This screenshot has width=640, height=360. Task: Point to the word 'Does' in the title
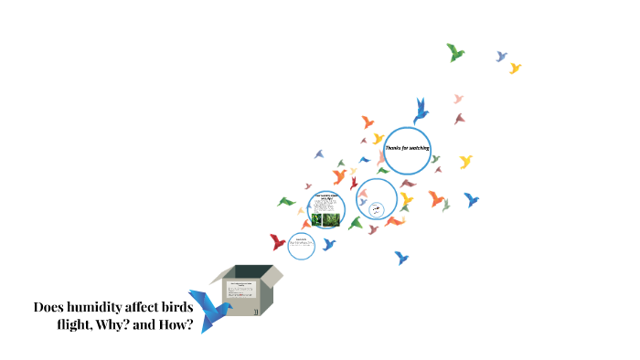click(x=49, y=307)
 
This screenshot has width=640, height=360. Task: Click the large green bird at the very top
click(x=455, y=52)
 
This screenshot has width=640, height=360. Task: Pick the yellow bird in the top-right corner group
click(x=515, y=68)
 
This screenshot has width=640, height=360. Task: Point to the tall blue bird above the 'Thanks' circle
click(x=421, y=110)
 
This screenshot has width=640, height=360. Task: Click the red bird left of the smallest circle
click(x=278, y=242)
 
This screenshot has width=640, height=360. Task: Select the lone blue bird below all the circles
click(x=400, y=258)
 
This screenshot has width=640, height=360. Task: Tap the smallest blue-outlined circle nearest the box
click(x=301, y=245)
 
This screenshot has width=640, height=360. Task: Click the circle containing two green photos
click(x=325, y=209)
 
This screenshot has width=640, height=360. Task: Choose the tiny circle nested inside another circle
click(x=376, y=210)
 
